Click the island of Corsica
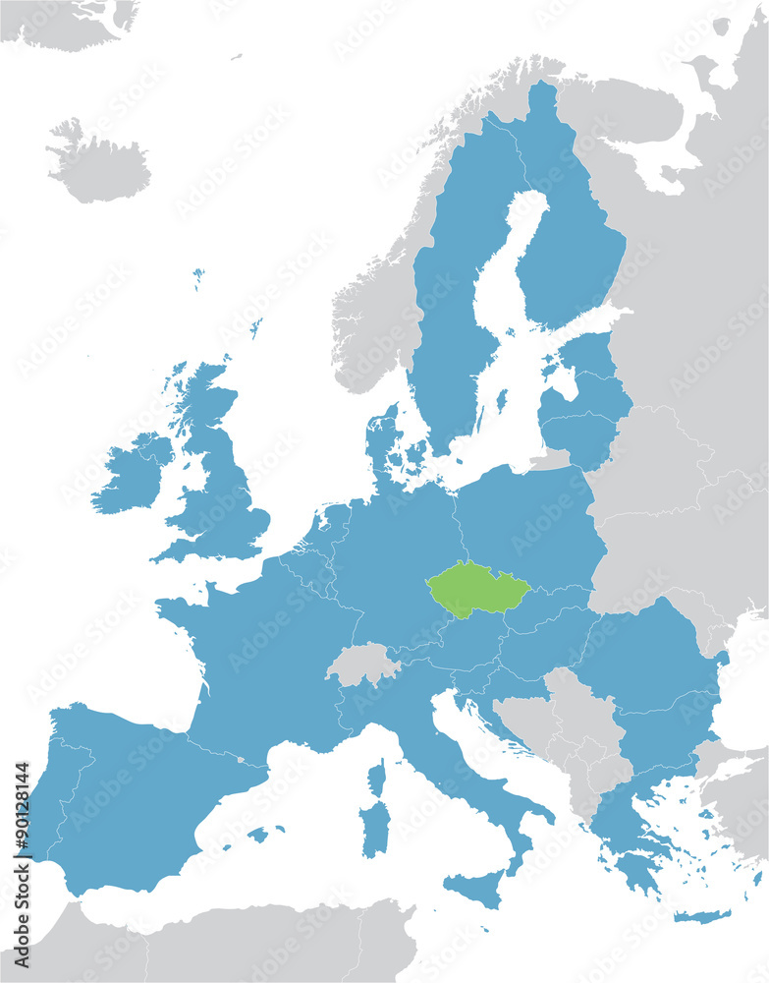click(377, 778)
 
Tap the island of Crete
click(702, 916)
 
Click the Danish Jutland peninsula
click(383, 442)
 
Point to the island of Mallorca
click(258, 835)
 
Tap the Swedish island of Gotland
click(502, 400)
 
